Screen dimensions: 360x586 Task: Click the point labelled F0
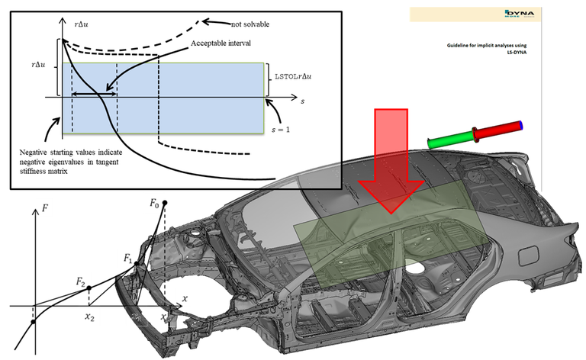pyautogui.click(x=165, y=202)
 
